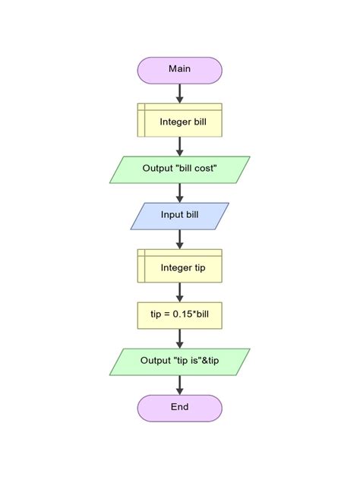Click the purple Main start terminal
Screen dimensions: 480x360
[x=179, y=70]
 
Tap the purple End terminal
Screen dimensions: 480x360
[x=179, y=408]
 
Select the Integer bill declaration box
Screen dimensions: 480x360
[x=179, y=121]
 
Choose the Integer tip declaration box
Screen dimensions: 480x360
[x=179, y=267]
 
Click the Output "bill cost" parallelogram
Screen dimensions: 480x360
[x=179, y=169]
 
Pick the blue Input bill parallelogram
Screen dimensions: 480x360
[x=179, y=215]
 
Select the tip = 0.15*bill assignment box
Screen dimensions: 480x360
[x=179, y=313]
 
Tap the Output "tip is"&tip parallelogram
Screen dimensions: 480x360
[x=179, y=361]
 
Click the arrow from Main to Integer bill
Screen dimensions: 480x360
[x=179, y=93]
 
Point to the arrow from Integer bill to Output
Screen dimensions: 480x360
[x=179, y=146]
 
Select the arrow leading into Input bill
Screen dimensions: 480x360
[x=179, y=193]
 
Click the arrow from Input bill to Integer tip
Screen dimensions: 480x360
[x=179, y=238]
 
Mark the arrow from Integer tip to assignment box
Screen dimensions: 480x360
[x=179, y=292]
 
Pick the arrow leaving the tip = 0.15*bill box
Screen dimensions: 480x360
[x=179, y=338]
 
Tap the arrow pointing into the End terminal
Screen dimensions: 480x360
[x=179, y=385]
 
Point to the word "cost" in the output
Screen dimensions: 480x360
[x=205, y=169]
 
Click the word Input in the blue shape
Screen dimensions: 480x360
[x=172, y=215]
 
